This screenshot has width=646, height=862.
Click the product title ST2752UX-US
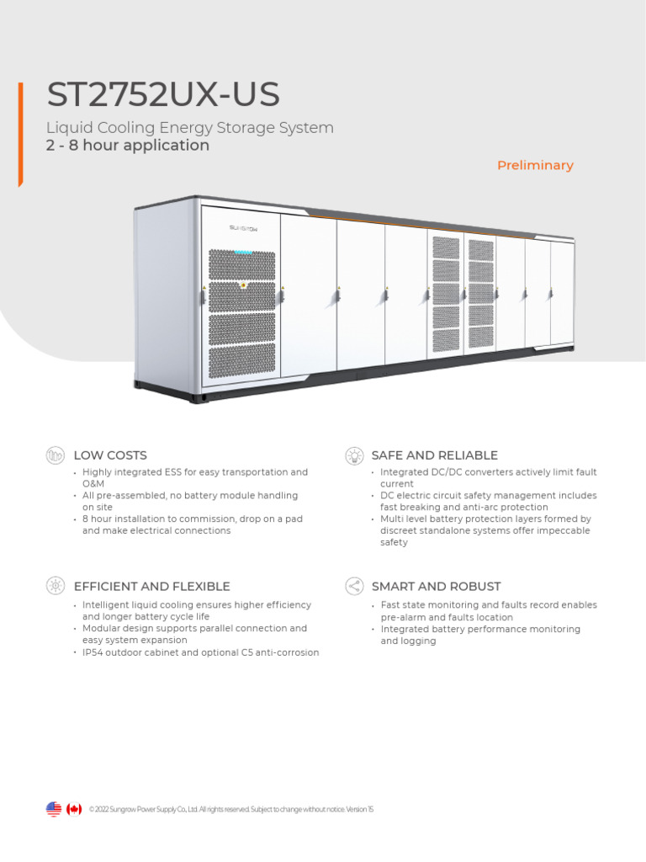(163, 96)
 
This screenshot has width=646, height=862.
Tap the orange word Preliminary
(535, 165)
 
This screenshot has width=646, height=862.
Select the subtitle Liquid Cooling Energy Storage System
(189, 128)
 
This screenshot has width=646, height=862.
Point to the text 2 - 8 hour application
(128, 146)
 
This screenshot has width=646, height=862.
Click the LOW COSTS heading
(110, 455)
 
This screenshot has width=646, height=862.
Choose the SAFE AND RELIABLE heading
(434, 455)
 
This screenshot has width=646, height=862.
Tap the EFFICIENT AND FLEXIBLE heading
(151, 586)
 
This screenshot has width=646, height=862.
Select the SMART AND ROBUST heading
(436, 586)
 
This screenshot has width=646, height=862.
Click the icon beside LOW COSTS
(56, 455)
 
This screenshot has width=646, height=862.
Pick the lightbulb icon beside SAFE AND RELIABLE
(354, 455)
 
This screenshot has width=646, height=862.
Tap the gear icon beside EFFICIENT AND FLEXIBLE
(56, 586)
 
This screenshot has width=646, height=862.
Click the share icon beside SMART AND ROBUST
(354, 586)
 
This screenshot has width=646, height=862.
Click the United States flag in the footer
(54, 809)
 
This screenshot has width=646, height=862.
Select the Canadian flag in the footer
(75, 809)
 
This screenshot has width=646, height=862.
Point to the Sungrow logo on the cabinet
(242, 227)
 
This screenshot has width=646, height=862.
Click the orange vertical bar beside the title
(20, 135)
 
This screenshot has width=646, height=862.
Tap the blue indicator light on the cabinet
(243, 252)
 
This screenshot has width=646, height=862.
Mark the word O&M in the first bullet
(92, 484)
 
